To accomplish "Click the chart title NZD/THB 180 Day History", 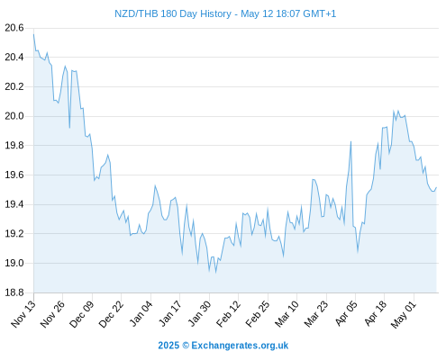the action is [x=173, y=13].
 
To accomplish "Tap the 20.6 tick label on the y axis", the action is [x=14, y=28].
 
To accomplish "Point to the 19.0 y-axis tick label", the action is [x=14, y=263].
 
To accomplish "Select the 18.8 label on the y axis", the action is [x=14, y=292].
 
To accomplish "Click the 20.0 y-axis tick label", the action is [x=14, y=116].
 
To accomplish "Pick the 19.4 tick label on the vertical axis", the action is [x=14, y=204].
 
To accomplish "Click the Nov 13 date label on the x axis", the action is [x=23, y=314].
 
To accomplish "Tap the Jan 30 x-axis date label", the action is [x=199, y=314].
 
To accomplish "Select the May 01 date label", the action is [x=404, y=314].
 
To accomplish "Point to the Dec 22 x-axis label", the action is [x=111, y=314].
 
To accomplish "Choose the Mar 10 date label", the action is [x=287, y=314].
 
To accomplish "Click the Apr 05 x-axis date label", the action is [x=346, y=314].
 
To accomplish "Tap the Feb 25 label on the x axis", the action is [x=258, y=314].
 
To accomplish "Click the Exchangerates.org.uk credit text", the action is [x=240, y=346].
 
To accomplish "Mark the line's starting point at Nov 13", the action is [x=33, y=34].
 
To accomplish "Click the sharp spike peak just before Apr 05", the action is [x=350, y=141].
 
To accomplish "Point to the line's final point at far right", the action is [x=436, y=187].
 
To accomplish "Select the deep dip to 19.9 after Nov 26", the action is [x=69, y=128].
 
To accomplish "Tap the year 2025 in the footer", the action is [x=168, y=346].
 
